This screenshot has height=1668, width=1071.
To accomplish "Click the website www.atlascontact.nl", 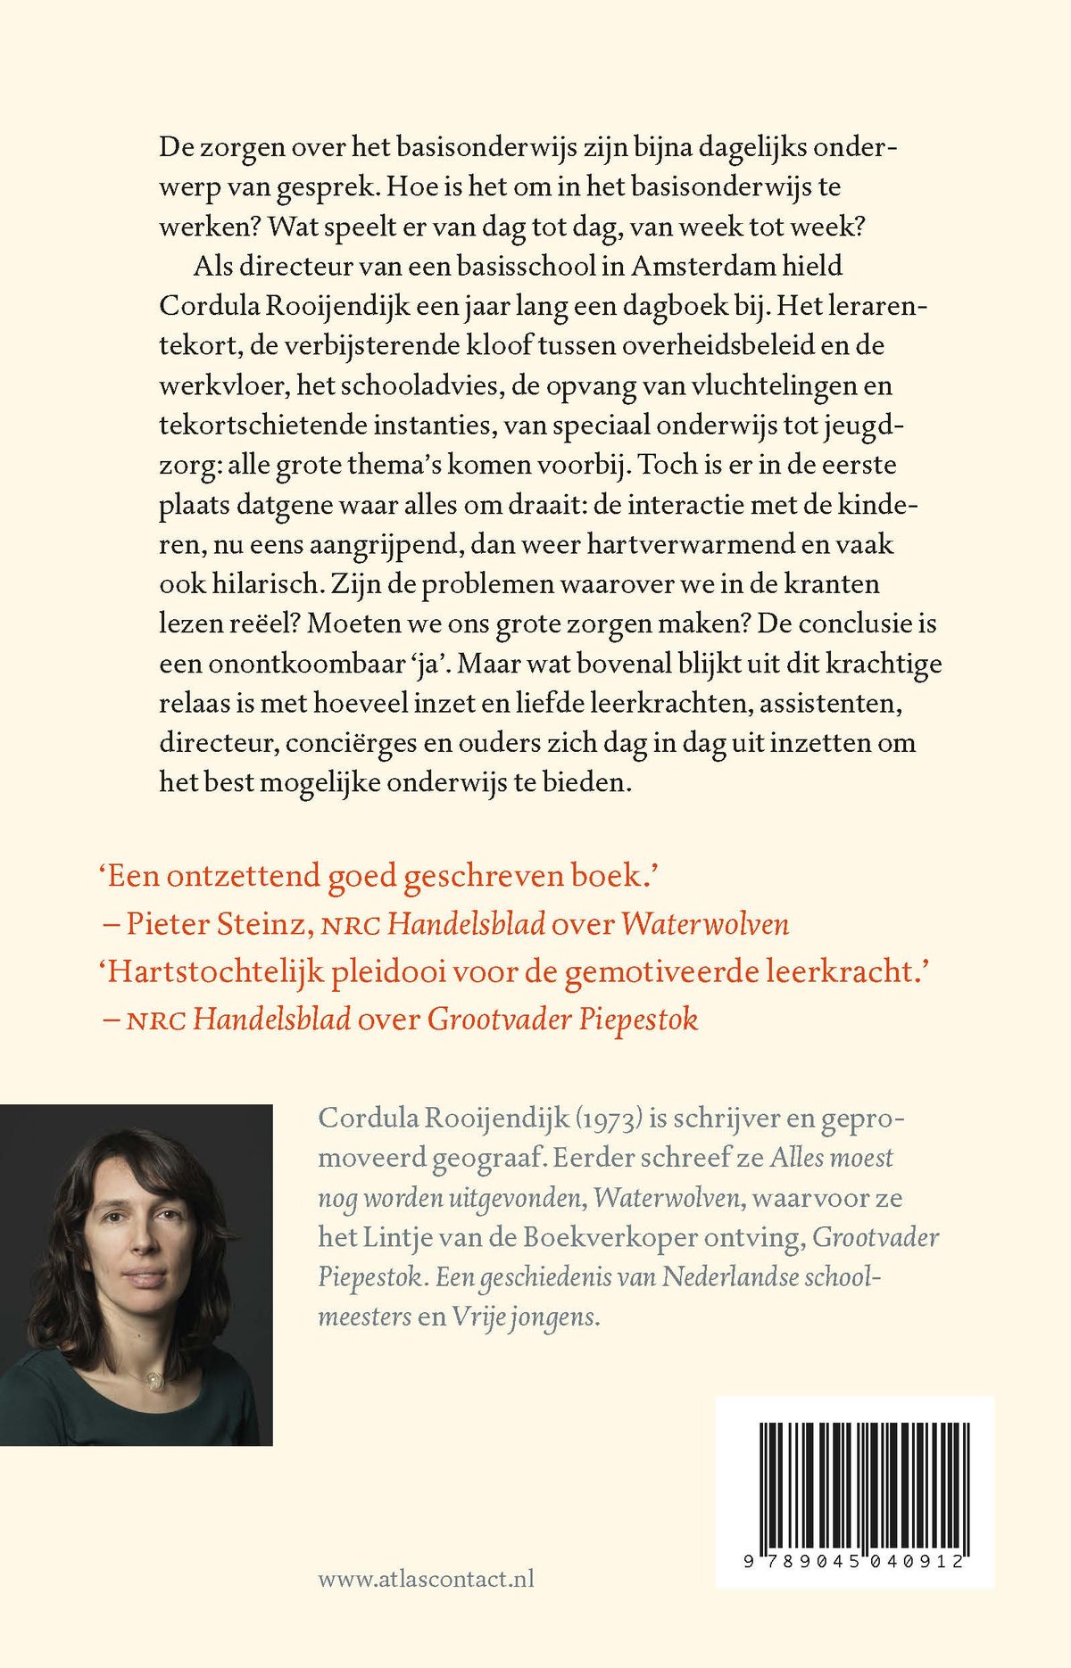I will click(426, 1578).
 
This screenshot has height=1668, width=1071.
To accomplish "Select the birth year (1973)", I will click(610, 1119).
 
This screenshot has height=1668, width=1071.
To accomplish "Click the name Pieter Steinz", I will click(215, 923).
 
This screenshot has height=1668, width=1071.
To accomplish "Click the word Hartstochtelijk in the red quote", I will click(215, 971).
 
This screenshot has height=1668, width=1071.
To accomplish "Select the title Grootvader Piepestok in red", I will click(562, 1019).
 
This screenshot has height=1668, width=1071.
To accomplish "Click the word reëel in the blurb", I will click(258, 623).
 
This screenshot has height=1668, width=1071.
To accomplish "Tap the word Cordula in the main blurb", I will click(208, 306).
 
